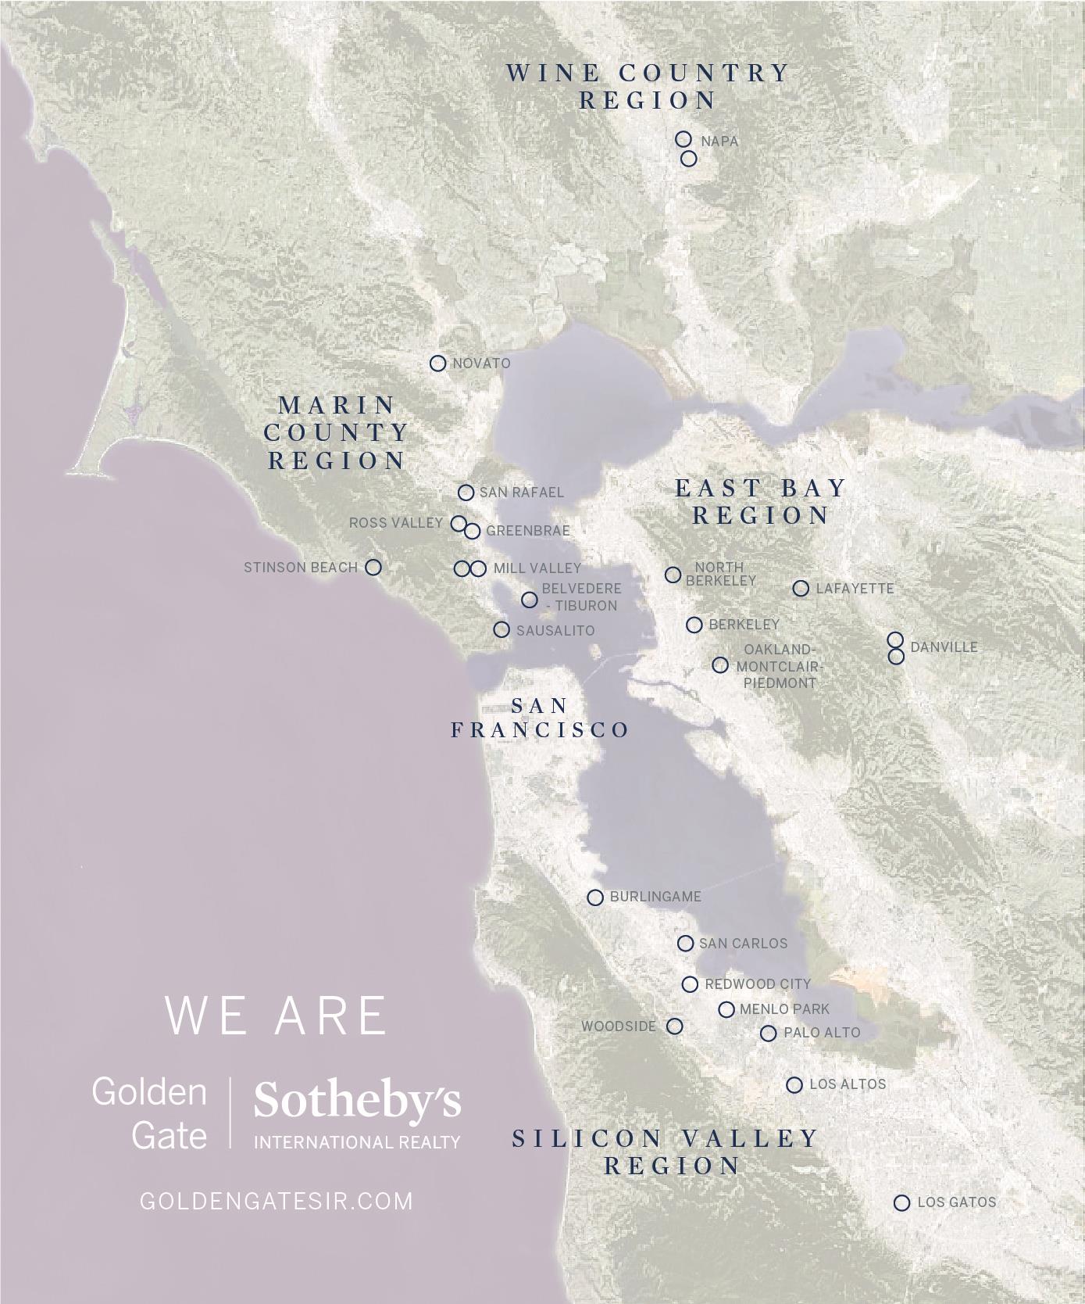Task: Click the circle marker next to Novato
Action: click(438, 364)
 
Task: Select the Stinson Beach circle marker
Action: click(374, 568)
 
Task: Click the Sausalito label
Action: click(555, 630)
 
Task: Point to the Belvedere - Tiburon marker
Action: click(530, 600)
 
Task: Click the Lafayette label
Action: click(855, 589)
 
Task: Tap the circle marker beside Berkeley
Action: click(694, 625)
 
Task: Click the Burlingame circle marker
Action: click(595, 897)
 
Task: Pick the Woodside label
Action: click(619, 1026)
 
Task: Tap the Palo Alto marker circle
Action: click(769, 1034)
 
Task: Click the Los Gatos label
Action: click(957, 1202)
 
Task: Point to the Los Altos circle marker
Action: click(794, 1085)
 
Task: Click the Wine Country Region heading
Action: click(648, 86)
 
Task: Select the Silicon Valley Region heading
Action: click(666, 1152)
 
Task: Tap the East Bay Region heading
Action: click(761, 502)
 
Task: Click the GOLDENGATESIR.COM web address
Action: click(277, 1201)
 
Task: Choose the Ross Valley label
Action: click(396, 523)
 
